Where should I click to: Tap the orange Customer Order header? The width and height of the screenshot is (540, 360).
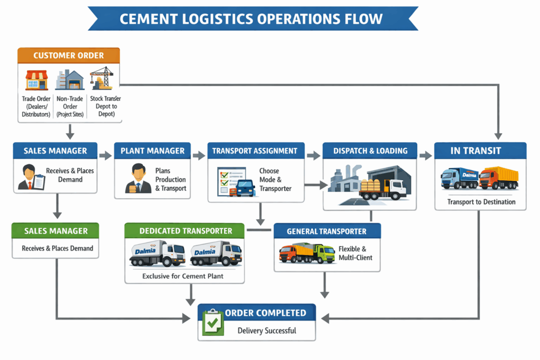click(69, 55)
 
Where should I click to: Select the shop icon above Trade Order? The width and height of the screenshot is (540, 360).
click(36, 80)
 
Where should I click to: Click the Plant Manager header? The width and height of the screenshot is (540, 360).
click(152, 151)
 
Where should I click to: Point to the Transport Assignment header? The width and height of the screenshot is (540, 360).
click(255, 151)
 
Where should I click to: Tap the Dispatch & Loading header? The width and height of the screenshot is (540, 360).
click(370, 151)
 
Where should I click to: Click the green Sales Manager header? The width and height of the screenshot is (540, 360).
click(56, 231)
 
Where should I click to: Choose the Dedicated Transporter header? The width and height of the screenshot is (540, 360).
click(185, 231)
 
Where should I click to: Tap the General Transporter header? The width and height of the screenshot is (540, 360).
click(326, 231)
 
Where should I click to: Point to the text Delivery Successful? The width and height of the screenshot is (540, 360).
click(266, 330)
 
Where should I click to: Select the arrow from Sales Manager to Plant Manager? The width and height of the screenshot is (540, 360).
click(106, 155)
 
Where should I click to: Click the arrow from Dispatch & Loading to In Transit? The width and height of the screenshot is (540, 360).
click(425, 155)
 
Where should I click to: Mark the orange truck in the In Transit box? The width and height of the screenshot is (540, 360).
click(498, 178)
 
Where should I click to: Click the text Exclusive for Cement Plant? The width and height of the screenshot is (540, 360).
click(183, 276)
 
